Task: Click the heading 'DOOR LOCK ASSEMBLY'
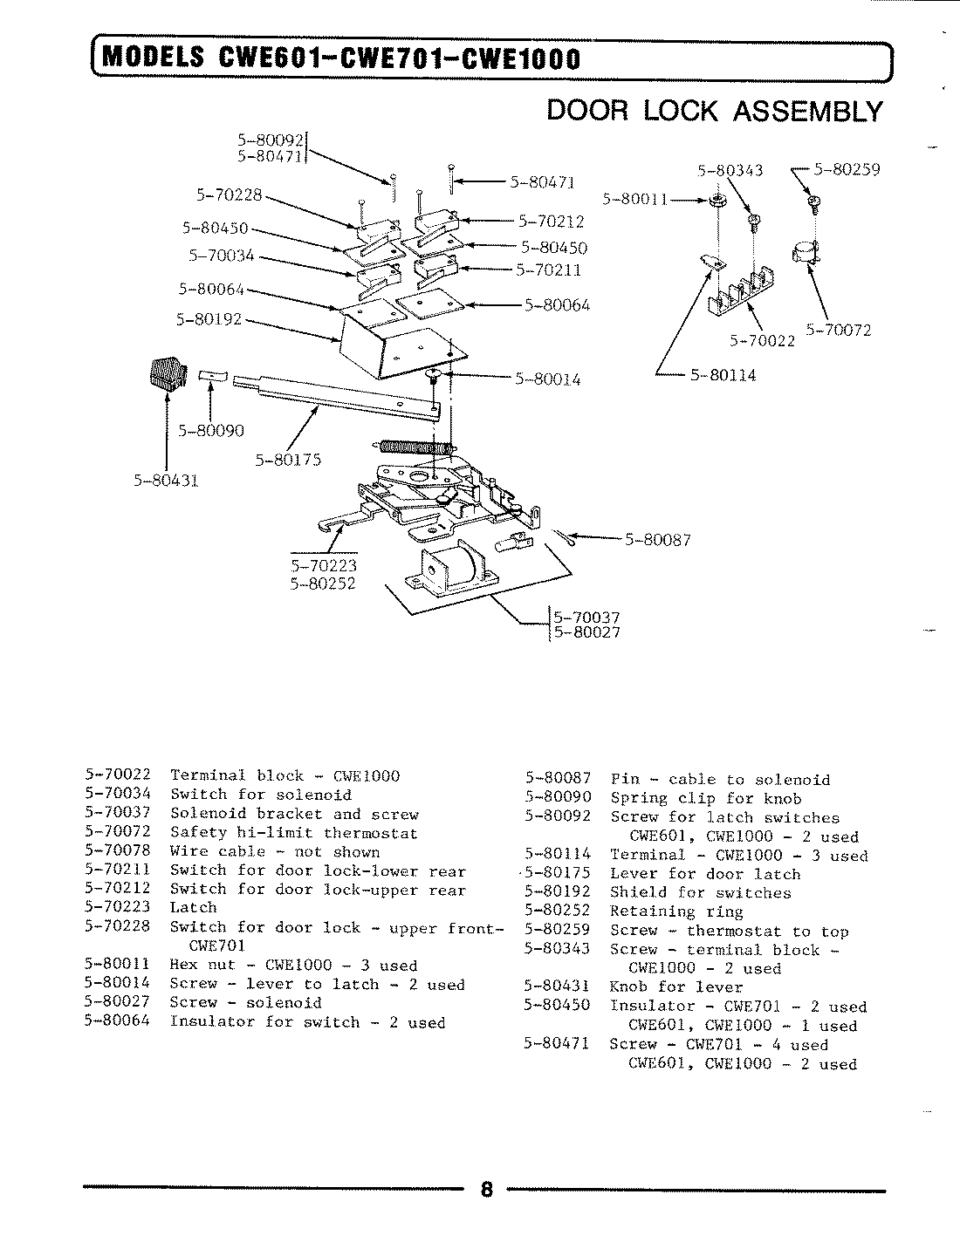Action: (714, 111)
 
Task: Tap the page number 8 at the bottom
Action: (487, 1190)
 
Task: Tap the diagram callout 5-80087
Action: (658, 540)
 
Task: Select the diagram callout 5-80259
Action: (846, 170)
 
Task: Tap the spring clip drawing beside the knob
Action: (212, 376)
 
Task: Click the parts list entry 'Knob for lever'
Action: (676, 987)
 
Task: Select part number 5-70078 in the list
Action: (118, 851)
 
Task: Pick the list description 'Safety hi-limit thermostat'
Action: (293, 833)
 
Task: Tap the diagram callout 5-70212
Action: (550, 222)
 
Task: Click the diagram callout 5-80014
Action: (547, 379)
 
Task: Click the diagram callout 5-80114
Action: (723, 375)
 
